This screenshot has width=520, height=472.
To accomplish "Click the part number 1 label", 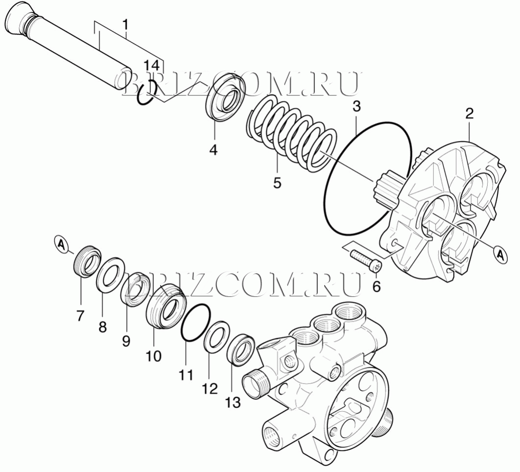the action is pos(125,24).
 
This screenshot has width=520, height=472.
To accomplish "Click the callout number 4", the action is pos(213,150).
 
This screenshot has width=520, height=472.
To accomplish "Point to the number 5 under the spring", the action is pos(277,183).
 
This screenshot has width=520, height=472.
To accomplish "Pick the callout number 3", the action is pos(356,106).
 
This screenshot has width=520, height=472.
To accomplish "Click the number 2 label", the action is pos(469,114).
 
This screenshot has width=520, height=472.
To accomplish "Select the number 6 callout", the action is pos(376,286).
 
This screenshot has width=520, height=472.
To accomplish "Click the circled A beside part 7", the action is pos(61,244).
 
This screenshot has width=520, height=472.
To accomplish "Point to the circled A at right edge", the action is pos(500,255).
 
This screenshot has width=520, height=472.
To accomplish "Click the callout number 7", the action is pos(80,315).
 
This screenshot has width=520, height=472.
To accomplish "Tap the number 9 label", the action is pos(126,341).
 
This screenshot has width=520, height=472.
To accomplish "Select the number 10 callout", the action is pos(154,356).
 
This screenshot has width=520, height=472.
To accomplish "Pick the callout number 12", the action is pos(210,388).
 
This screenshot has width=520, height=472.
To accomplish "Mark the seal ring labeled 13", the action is pos(241,350).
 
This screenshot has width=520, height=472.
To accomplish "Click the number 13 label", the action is pos(233,402).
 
